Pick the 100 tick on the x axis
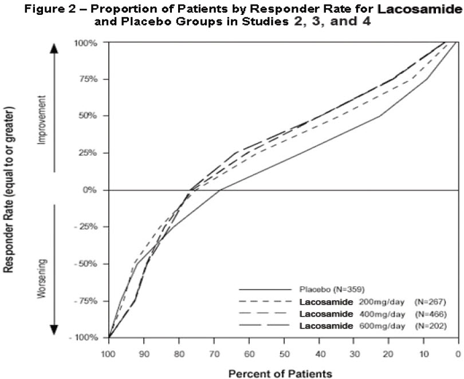point(108,355)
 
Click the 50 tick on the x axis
point(284,355)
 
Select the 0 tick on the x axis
point(458,355)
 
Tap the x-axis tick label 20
point(389,355)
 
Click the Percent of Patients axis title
point(280,373)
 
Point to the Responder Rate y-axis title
point(9,189)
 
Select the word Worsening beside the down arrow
point(41,278)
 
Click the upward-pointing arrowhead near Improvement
point(55,48)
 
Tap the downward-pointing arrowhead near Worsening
point(55,330)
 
